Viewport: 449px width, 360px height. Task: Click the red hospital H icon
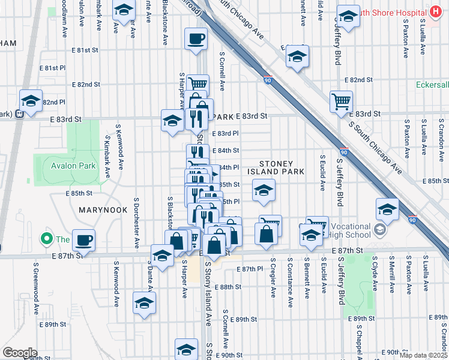[435, 12]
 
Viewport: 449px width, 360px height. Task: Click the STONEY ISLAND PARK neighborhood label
[277, 167]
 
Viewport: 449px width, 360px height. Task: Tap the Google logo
[20, 353]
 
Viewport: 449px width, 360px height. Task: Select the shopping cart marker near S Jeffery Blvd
[341, 102]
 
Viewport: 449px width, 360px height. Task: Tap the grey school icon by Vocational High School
[379, 230]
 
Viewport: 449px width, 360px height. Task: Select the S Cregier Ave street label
[273, 278]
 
